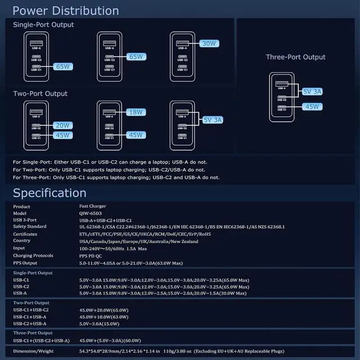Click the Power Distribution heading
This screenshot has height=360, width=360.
pos(66,11)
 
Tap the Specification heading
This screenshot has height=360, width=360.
pos(49,193)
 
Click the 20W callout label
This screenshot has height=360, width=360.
pos(63,125)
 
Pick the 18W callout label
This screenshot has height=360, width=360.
pos(136,112)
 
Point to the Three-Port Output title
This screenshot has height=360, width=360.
pos(296,57)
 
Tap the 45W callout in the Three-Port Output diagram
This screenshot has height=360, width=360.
pos(312,106)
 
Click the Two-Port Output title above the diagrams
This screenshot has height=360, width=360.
pos(40,93)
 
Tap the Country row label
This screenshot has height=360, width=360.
pos(22,241)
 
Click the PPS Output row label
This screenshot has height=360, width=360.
pos(26,262)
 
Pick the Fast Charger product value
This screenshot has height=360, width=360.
pos(93,206)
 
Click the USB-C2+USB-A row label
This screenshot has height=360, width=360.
pos(30,323)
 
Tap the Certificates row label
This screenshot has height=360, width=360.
pos(25,233)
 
